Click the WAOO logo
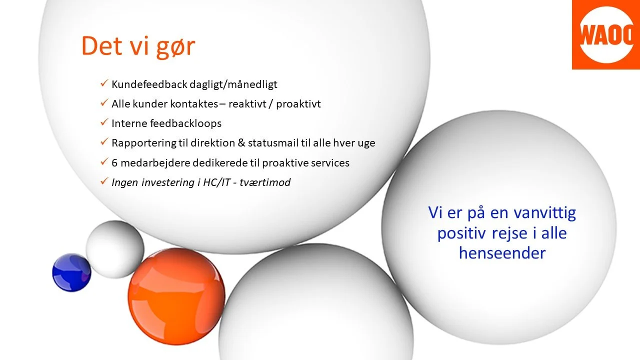[x=605, y=34]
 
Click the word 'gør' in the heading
[x=175, y=47]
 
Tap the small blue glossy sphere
[x=71, y=272]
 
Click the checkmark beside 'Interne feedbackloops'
[x=104, y=122]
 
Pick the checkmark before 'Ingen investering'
[x=104, y=182]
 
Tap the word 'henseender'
[x=502, y=253]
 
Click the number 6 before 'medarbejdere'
[x=115, y=162]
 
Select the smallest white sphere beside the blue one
[x=115, y=248]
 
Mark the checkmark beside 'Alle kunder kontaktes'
[x=104, y=103]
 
